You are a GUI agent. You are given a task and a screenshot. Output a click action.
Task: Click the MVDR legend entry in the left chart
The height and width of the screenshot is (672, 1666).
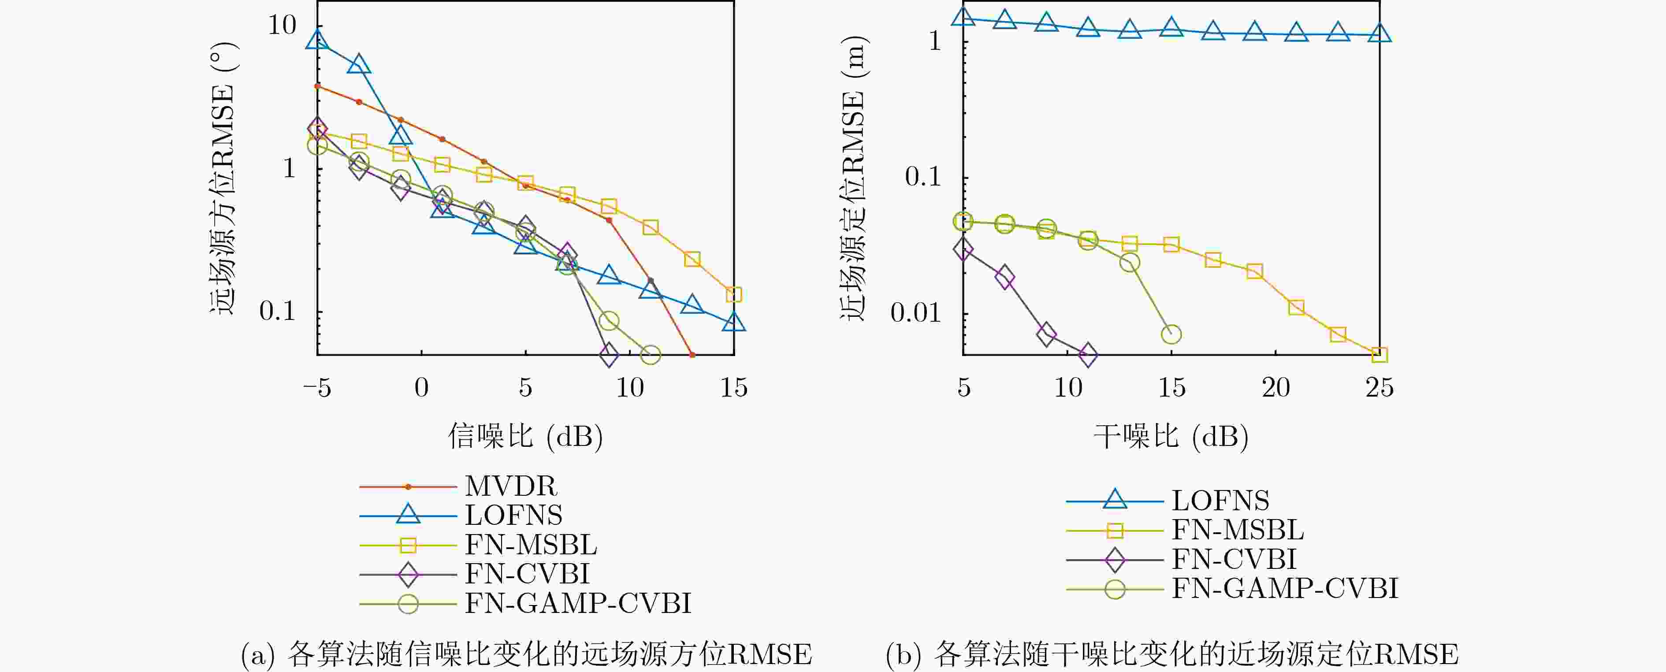[x=510, y=486]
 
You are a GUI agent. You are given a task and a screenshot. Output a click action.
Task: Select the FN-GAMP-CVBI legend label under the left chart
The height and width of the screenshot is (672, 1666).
[x=577, y=603]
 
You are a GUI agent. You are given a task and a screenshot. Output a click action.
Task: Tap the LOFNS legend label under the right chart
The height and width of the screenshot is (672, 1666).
[x=1220, y=501]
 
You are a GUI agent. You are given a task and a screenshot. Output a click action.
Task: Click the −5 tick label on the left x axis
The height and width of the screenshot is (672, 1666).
[x=317, y=388]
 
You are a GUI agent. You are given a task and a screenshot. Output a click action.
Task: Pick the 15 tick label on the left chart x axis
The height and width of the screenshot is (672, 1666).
[x=733, y=388]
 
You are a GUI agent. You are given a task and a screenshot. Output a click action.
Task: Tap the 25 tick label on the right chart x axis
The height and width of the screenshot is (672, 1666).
[x=1380, y=388]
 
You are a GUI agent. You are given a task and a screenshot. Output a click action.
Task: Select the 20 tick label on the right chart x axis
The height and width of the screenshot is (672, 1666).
[x=1276, y=388]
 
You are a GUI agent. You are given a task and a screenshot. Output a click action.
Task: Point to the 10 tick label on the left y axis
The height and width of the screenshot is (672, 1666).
[x=282, y=26]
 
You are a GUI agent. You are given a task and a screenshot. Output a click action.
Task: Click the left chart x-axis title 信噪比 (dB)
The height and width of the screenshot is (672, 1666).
[x=525, y=437]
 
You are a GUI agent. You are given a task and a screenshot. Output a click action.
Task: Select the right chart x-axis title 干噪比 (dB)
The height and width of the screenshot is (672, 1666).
[x=1171, y=437]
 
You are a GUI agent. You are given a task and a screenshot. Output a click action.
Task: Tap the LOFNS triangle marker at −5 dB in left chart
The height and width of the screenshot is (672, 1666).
[x=317, y=40]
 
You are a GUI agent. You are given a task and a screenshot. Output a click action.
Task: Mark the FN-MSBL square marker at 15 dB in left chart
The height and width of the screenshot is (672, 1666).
[x=733, y=295]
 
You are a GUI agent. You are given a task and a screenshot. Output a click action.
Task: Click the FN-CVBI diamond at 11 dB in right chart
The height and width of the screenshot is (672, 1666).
[x=1088, y=354]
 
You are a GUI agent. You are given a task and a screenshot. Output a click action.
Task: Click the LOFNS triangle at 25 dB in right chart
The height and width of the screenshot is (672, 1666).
[x=1380, y=33]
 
